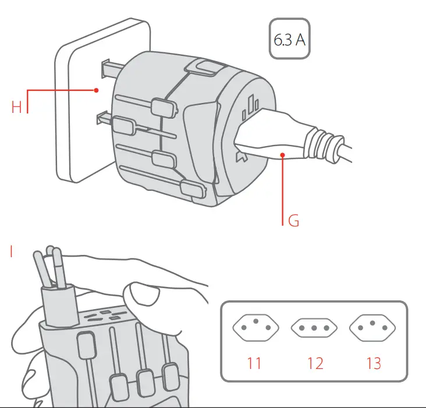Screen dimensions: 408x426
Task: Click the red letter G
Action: click(294, 221)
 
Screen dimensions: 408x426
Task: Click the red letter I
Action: click(11, 251)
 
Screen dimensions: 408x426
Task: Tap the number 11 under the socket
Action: click(254, 363)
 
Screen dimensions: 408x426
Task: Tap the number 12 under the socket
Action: click(315, 363)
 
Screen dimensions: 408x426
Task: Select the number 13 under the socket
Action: click(374, 363)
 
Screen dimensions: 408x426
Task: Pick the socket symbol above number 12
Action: click(315, 329)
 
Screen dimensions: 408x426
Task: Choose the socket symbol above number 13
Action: click(374, 329)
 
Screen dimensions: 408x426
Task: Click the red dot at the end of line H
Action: click(96, 90)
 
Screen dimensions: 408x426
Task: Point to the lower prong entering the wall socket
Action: click(101, 120)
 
